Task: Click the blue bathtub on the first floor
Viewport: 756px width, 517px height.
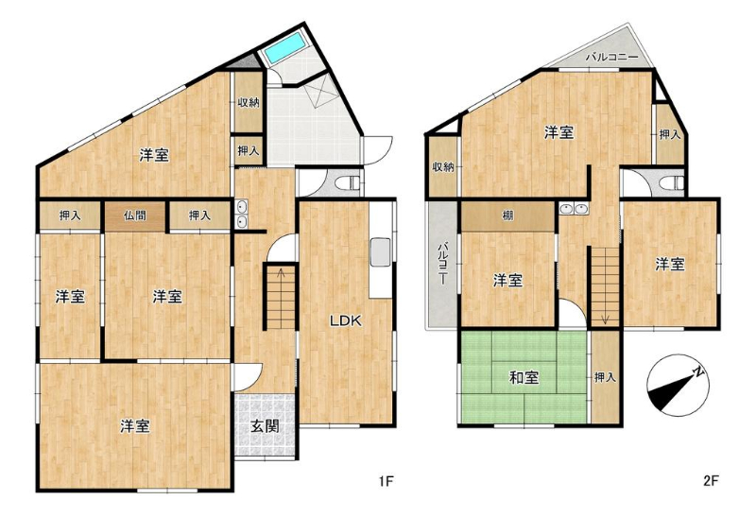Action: [x=285, y=49]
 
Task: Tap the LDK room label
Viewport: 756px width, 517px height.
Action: [x=346, y=320]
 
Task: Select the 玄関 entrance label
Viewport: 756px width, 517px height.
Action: [x=266, y=426]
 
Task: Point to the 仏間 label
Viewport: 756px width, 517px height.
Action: [x=134, y=215]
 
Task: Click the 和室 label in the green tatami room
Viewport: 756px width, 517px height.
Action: [x=524, y=378]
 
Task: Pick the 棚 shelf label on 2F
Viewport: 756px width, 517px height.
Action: [x=507, y=216]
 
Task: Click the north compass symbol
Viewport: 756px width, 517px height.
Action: [x=678, y=386]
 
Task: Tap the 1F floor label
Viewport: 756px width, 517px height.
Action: [x=387, y=481]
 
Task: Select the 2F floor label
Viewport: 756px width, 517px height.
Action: [x=712, y=481]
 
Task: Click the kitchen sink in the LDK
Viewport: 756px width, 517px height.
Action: [x=381, y=251]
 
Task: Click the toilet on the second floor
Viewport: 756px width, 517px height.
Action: [x=672, y=182]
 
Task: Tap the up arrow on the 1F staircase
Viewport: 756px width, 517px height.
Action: [x=281, y=273]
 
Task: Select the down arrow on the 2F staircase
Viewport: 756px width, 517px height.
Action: [x=606, y=319]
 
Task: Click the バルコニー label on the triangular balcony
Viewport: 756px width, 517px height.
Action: [x=611, y=57]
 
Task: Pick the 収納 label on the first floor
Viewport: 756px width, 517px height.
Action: [x=249, y=102]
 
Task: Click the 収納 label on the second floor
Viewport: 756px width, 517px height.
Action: [x=442, y=167]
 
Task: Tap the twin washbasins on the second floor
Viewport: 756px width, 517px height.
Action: [x=575, y=209]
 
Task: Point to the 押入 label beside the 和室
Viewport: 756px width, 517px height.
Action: [x=605, y=377]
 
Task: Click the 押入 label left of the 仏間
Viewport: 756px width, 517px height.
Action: [x=70, y=215]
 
